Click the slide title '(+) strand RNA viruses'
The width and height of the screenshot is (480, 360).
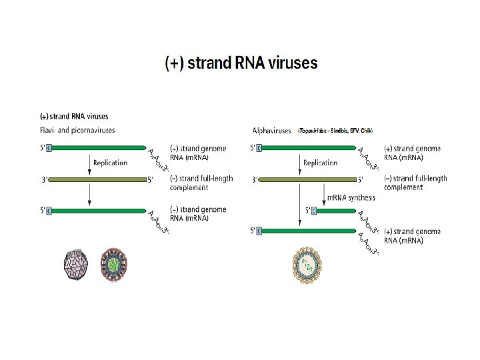point(241,63)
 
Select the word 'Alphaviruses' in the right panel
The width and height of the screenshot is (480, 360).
point(271,131)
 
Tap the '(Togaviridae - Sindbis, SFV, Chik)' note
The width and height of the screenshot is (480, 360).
point(335,131)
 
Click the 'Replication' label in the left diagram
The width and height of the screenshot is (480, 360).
point(110,163)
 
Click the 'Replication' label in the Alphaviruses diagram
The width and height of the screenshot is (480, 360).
point(320,163)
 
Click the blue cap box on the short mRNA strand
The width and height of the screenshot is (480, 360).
point(314,211)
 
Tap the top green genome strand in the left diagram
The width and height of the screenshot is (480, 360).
point(97,147)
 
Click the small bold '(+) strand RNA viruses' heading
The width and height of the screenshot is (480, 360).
point(74,117)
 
